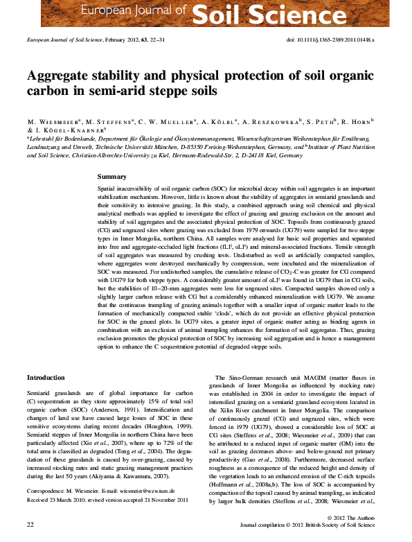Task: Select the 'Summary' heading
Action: pos(112,177)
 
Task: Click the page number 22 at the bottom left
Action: pos(30,525)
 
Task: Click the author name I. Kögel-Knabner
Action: pos(69,130)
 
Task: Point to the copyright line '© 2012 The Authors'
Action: pos(354,517)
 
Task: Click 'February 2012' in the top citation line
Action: pos(123,40)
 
